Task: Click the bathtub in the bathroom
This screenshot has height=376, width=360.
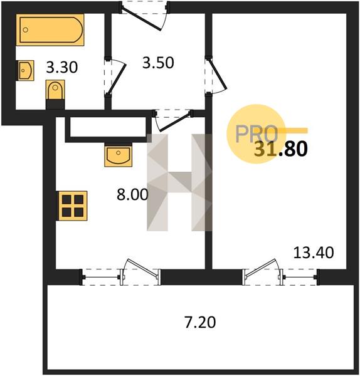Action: point(50,29)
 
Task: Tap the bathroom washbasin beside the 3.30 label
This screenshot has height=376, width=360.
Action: point(25,70)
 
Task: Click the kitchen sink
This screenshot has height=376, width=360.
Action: point(119,155)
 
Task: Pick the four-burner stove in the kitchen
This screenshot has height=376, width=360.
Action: point(71,206)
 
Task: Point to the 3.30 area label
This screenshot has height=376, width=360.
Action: point(62,67)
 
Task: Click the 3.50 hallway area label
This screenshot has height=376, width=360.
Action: point(158,63)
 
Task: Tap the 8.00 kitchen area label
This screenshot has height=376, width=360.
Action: point(132,194)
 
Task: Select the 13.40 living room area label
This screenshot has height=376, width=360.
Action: point(314,253)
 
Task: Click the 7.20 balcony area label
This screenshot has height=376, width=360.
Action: point(201,322)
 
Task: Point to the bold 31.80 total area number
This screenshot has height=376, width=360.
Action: point(281,149)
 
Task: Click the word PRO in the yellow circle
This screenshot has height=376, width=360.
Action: point(257,134)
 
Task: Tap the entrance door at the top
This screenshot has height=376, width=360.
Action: point(142,19)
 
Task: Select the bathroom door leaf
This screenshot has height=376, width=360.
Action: point(117,79)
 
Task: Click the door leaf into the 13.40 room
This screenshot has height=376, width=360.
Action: point(218,75)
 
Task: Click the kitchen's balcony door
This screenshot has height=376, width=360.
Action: point(142,268)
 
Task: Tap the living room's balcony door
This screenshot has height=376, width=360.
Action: point(262,268)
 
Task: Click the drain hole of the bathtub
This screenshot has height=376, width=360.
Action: point(26,30)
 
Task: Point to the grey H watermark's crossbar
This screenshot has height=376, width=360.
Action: point(179,182)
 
